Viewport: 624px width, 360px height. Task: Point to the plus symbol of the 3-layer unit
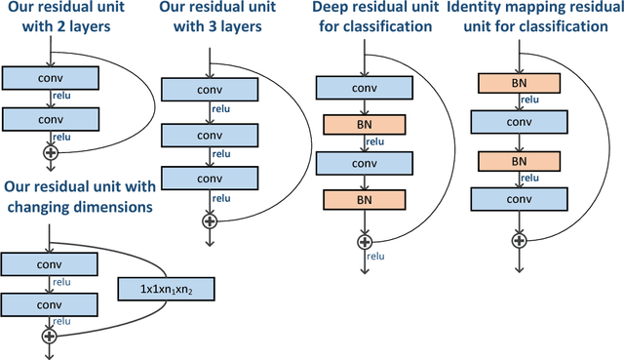[x=209, y=220]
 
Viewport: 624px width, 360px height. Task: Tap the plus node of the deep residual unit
[x=365, y=240]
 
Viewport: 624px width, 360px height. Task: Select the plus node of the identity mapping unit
[x=520, y=240]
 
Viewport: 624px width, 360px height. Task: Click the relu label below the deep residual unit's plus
[x=376, y=256]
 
